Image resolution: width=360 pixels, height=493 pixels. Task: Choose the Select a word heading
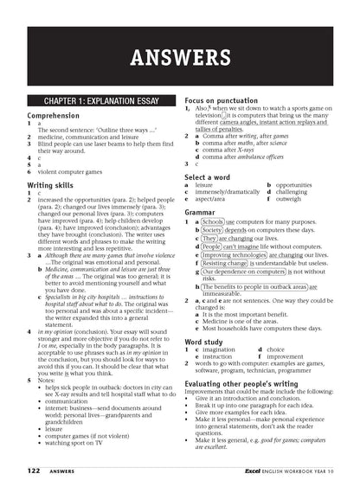(x=217, y=176)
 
